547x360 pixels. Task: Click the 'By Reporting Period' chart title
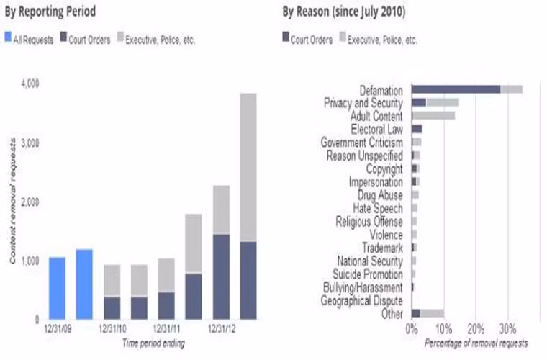click(50, 12)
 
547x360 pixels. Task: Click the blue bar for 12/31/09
click(57, 288)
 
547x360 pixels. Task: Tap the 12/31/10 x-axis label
click(112, 328)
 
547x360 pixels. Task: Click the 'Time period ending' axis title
click(153, 343)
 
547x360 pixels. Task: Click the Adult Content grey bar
click(433, 115)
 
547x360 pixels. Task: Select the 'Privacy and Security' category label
click(363, 103)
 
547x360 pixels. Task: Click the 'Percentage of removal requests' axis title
click(476, 342)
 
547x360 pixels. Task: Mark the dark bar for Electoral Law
click(417, 129)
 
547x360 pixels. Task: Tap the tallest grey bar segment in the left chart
click(248, 167)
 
